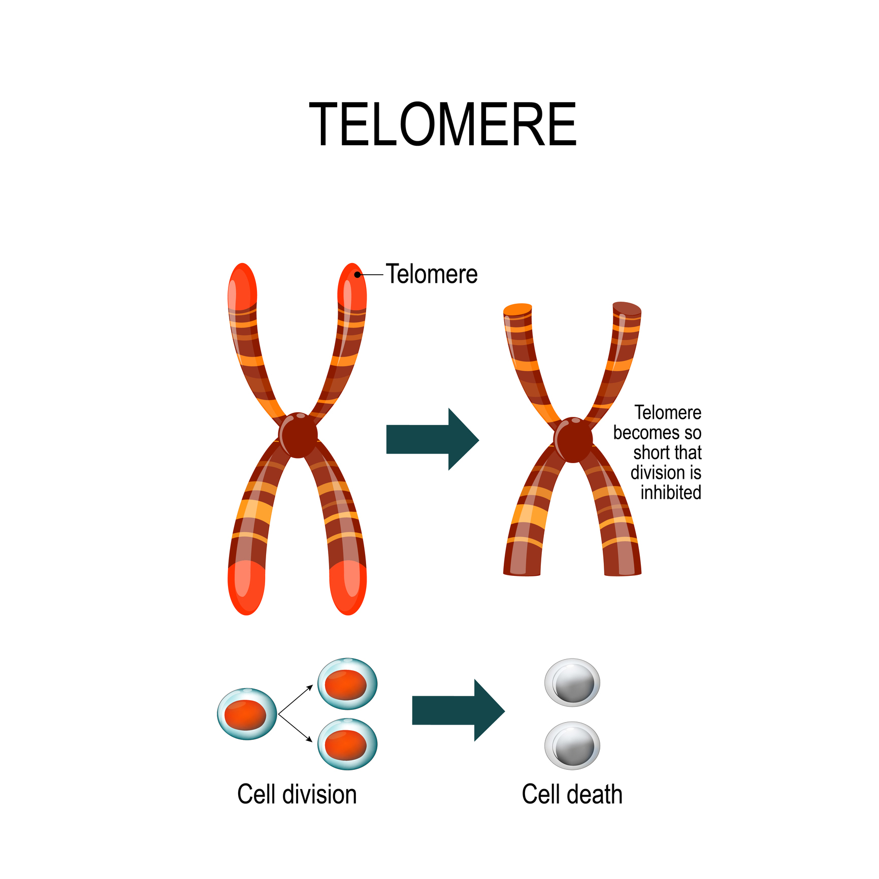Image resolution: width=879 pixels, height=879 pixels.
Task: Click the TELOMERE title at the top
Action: [x=442, y=124]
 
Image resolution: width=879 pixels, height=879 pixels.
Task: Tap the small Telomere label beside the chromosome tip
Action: [x=432, y=274]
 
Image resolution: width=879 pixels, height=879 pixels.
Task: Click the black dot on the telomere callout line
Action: [x=357, y=275]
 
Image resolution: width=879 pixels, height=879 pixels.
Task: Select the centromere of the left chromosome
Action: [x=298, y=435]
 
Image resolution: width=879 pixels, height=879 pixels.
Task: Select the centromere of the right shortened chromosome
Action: [x=573, y=440]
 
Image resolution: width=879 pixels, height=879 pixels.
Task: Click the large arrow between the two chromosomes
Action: [x=433, y=439]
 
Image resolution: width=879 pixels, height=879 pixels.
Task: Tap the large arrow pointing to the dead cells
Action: [x=459, y=710]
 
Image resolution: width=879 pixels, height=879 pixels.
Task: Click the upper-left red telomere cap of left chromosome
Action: [x=242, y=286]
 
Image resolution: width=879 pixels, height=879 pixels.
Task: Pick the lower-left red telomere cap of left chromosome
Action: [x=246, y=588]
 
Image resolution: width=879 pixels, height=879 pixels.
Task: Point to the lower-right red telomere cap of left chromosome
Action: [x=348, y=588]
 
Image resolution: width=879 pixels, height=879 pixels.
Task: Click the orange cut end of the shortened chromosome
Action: [x=518, y=309]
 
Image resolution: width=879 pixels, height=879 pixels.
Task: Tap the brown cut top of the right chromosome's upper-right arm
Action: [x=627, y=309]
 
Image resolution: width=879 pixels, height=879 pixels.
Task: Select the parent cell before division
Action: [x=247, y=713]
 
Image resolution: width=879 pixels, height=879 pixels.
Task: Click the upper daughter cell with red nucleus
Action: [x=347, y=683]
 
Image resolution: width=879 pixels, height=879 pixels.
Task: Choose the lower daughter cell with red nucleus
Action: [x=347, y=744]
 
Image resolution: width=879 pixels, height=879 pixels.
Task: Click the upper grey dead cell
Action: [x=572, y=682]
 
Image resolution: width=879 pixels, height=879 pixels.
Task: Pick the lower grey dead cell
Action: [x=572, y=745]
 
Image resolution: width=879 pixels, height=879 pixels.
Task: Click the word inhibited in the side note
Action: [x=671, y=492]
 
